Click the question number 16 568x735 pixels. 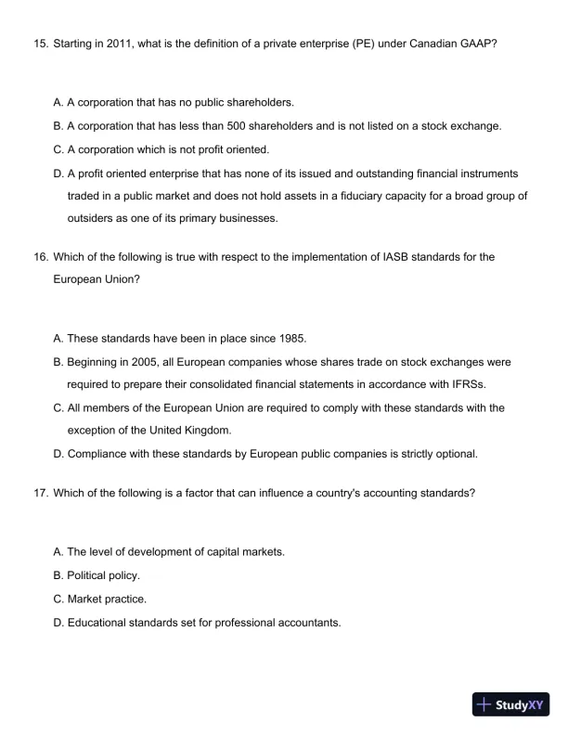coord(38,257)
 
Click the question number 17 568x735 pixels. coord(38,493)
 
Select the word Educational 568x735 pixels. coord(99,623)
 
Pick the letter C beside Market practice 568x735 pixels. coord(58,599)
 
